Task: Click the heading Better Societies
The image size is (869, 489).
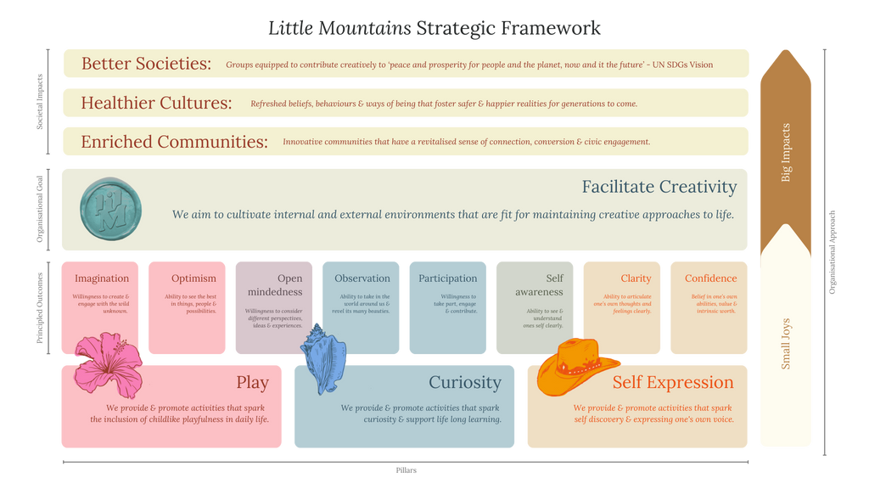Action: (146, 64)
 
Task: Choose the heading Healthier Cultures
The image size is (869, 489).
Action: (156, 104)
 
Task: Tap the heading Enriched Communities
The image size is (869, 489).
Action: (174, 142)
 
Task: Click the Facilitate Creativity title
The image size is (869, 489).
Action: (659, 187)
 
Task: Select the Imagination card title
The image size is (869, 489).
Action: (102, 278)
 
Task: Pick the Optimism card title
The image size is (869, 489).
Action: (193, 278)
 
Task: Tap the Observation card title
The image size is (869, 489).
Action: (362, 278)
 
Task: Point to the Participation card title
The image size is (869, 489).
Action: (448, 278)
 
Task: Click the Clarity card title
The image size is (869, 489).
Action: (636, 278)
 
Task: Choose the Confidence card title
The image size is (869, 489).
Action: (711, 278)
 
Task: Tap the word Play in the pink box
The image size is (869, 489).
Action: (252, 383)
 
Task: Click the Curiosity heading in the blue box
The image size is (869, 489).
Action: (464, 383)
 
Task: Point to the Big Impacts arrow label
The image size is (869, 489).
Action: (786, 153)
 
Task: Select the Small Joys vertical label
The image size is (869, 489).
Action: (786, 344)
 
